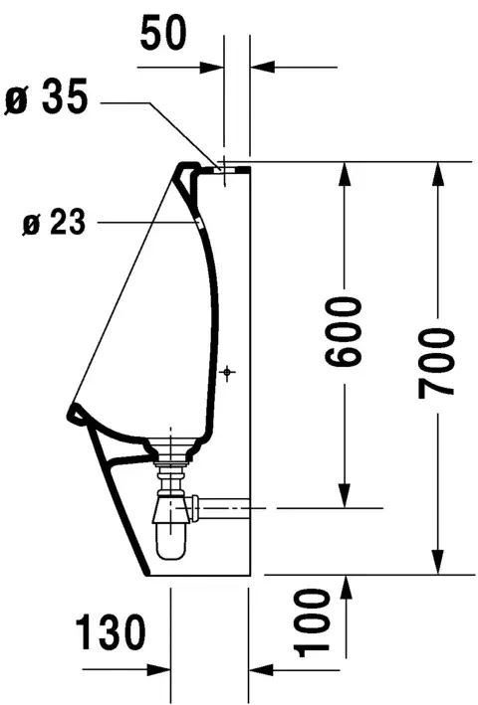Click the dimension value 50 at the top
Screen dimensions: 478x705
tap(163, 33)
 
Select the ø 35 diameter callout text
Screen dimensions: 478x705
tap(46, 97)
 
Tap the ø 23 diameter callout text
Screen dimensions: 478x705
tap(54, 221)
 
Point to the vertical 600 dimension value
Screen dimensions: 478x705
tap(344, 331)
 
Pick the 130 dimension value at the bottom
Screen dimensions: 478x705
tap(111, 633)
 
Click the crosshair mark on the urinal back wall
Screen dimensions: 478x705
tap(228, 372)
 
